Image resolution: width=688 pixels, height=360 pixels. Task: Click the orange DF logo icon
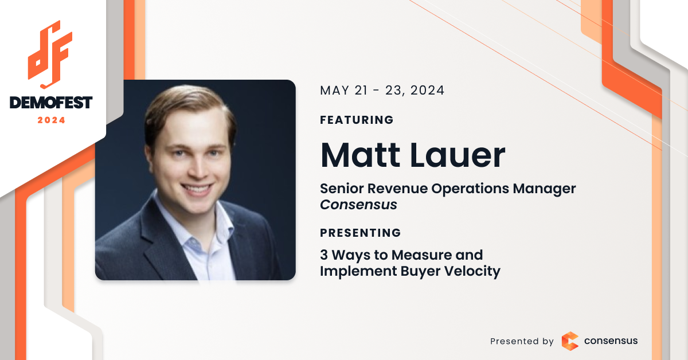pos(50,54)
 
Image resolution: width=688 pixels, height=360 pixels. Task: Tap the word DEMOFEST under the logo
pos(51,103)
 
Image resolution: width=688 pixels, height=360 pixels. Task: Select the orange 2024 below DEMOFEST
pos(51,120)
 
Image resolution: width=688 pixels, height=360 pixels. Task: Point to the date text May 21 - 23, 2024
pos(382,91)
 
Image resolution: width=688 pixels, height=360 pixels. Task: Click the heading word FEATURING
pos(357,120)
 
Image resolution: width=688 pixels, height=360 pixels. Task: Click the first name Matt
pos(360,155)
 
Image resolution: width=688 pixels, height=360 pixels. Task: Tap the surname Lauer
pos(458,155)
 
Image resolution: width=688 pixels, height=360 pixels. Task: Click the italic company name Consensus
pos(358,205)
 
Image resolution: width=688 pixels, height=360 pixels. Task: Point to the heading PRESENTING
pos(361,233)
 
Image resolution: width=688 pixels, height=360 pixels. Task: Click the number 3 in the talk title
pos(324,255)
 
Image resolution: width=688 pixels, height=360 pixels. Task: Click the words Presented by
pos(522,341)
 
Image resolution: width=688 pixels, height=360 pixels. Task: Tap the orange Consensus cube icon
pos(570,341)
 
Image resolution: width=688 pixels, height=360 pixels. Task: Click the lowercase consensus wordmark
pos(611,341)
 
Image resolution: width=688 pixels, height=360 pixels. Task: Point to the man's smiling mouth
pos(197,188)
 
